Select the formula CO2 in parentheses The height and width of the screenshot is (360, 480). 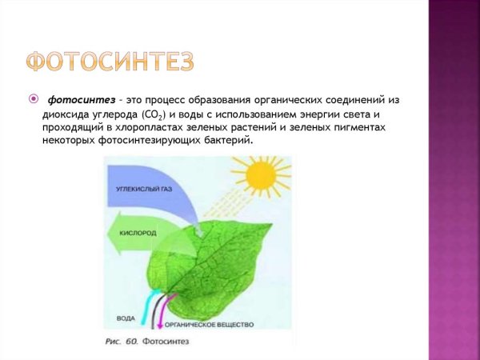152,114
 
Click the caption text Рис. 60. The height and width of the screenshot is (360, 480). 122,342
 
